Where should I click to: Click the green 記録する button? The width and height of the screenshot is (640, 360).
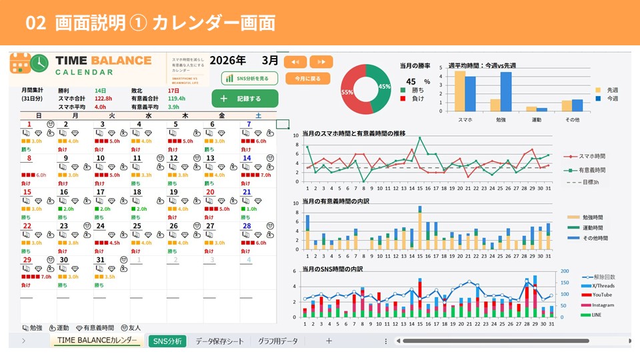click(x=245, y=99)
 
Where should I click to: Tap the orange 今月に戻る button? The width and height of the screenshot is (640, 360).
click(x=307, y=78)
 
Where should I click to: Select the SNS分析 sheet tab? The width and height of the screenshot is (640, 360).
click(x=167, y=341)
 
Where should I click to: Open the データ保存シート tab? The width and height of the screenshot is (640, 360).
click(x=219, y=341)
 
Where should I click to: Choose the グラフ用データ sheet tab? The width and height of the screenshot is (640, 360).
click(x=278, y=341)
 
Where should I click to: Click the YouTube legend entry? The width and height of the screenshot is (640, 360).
click(x=602, y=295)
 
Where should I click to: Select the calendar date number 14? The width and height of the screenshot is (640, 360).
click(x=247, y=158)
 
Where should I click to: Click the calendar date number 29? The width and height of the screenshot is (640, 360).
click(x=27, y=260)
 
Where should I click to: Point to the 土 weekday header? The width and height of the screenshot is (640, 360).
click(x=258, y=115)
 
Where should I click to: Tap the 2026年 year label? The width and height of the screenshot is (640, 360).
click(x=227, y=60)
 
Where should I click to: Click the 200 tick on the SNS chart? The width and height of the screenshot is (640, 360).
click(x=565, y=272)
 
